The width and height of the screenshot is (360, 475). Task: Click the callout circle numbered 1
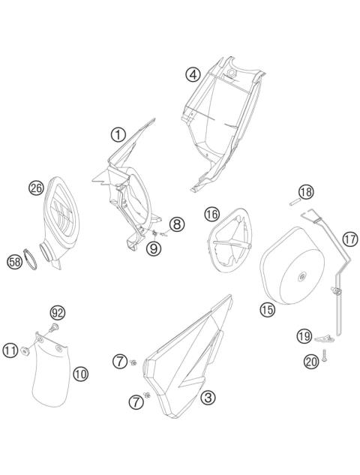pyautogui.click(x=118, y=135)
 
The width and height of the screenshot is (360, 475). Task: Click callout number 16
pyautogui.click(x=211, y=215)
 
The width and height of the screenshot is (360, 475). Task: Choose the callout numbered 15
pyautogui.click(x=267, y=308)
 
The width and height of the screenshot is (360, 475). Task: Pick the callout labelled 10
pyautogui.click(x=80, y=371)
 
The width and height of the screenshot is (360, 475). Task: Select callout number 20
pyautogui.click(x=310, y=361)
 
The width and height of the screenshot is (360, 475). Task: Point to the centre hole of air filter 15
pyautogui.click(x=301, y=278)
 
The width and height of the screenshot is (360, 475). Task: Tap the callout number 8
pyautogui.click(x=176, y=224)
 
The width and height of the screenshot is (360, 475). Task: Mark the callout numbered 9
pyautogui.click(x=153, y=248)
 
